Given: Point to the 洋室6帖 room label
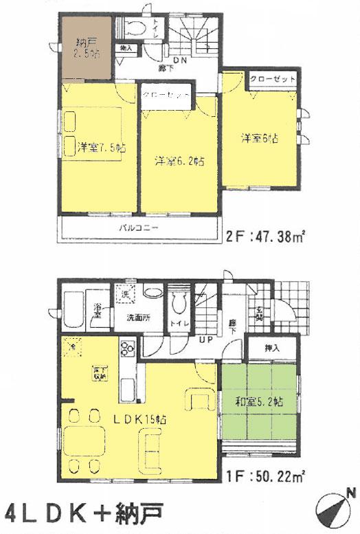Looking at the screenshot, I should (x=259, y=138).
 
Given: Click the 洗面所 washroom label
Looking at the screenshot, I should (x=138, y=318).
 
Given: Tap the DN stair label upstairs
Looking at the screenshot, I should (x=181, y=60).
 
